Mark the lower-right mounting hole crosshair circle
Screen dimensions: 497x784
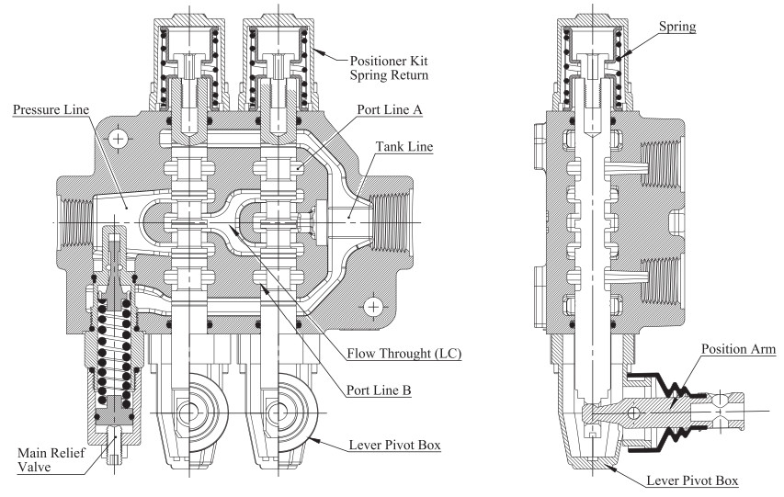click(373, 305)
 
